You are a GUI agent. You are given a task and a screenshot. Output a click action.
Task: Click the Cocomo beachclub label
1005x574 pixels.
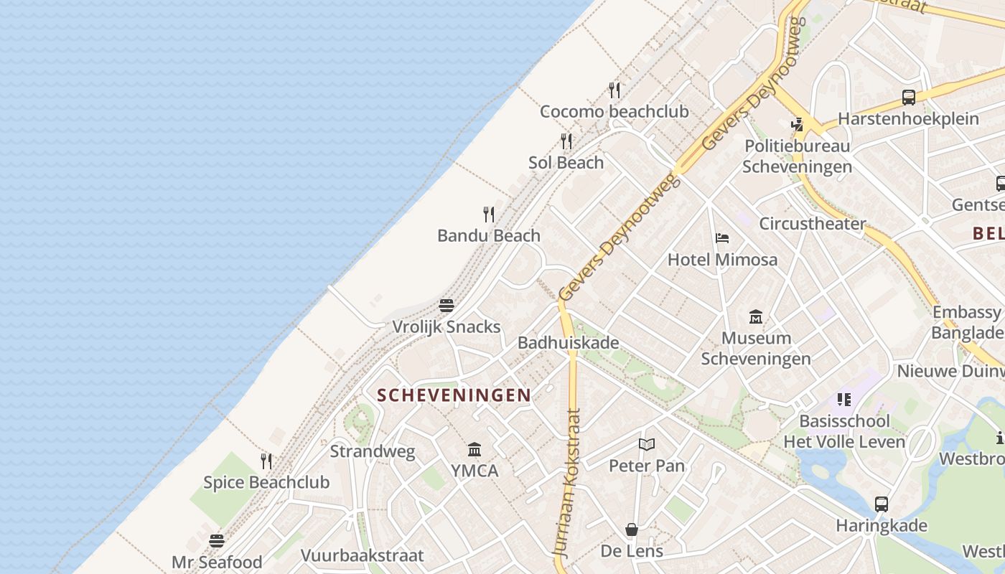614,111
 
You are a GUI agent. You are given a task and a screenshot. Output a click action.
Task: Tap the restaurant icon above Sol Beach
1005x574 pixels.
566,141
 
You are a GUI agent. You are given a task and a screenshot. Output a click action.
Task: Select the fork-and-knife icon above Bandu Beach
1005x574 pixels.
489,214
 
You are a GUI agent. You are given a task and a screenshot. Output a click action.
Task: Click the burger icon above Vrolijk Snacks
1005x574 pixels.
447,306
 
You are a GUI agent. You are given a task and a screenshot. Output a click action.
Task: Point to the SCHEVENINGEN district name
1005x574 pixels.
454,395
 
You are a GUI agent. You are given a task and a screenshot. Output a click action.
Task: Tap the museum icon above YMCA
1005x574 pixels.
475,450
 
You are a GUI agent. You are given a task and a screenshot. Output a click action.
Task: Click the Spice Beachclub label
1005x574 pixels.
266,482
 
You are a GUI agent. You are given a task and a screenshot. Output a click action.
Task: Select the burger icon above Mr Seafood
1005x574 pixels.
217,540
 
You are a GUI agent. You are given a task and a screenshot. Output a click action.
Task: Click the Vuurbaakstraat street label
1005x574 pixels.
362,555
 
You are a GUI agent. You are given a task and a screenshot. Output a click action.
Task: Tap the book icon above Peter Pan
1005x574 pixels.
647,445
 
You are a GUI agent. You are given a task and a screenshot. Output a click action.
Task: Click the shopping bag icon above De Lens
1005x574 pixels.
632,530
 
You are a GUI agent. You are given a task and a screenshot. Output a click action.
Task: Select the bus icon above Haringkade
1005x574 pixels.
882,504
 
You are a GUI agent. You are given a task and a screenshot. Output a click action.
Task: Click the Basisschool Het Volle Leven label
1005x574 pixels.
844,431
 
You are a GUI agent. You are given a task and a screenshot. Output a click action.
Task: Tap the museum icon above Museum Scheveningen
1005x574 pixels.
756,316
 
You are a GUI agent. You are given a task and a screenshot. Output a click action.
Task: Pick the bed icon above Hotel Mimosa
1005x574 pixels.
722,238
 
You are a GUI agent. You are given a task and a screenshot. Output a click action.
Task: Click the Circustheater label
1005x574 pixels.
813,224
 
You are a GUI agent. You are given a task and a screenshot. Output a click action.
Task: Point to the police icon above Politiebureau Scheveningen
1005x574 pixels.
797,125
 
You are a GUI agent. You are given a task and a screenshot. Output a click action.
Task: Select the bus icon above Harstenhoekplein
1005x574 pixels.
909,98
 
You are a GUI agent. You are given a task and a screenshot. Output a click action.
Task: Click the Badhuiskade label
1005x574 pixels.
569,343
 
